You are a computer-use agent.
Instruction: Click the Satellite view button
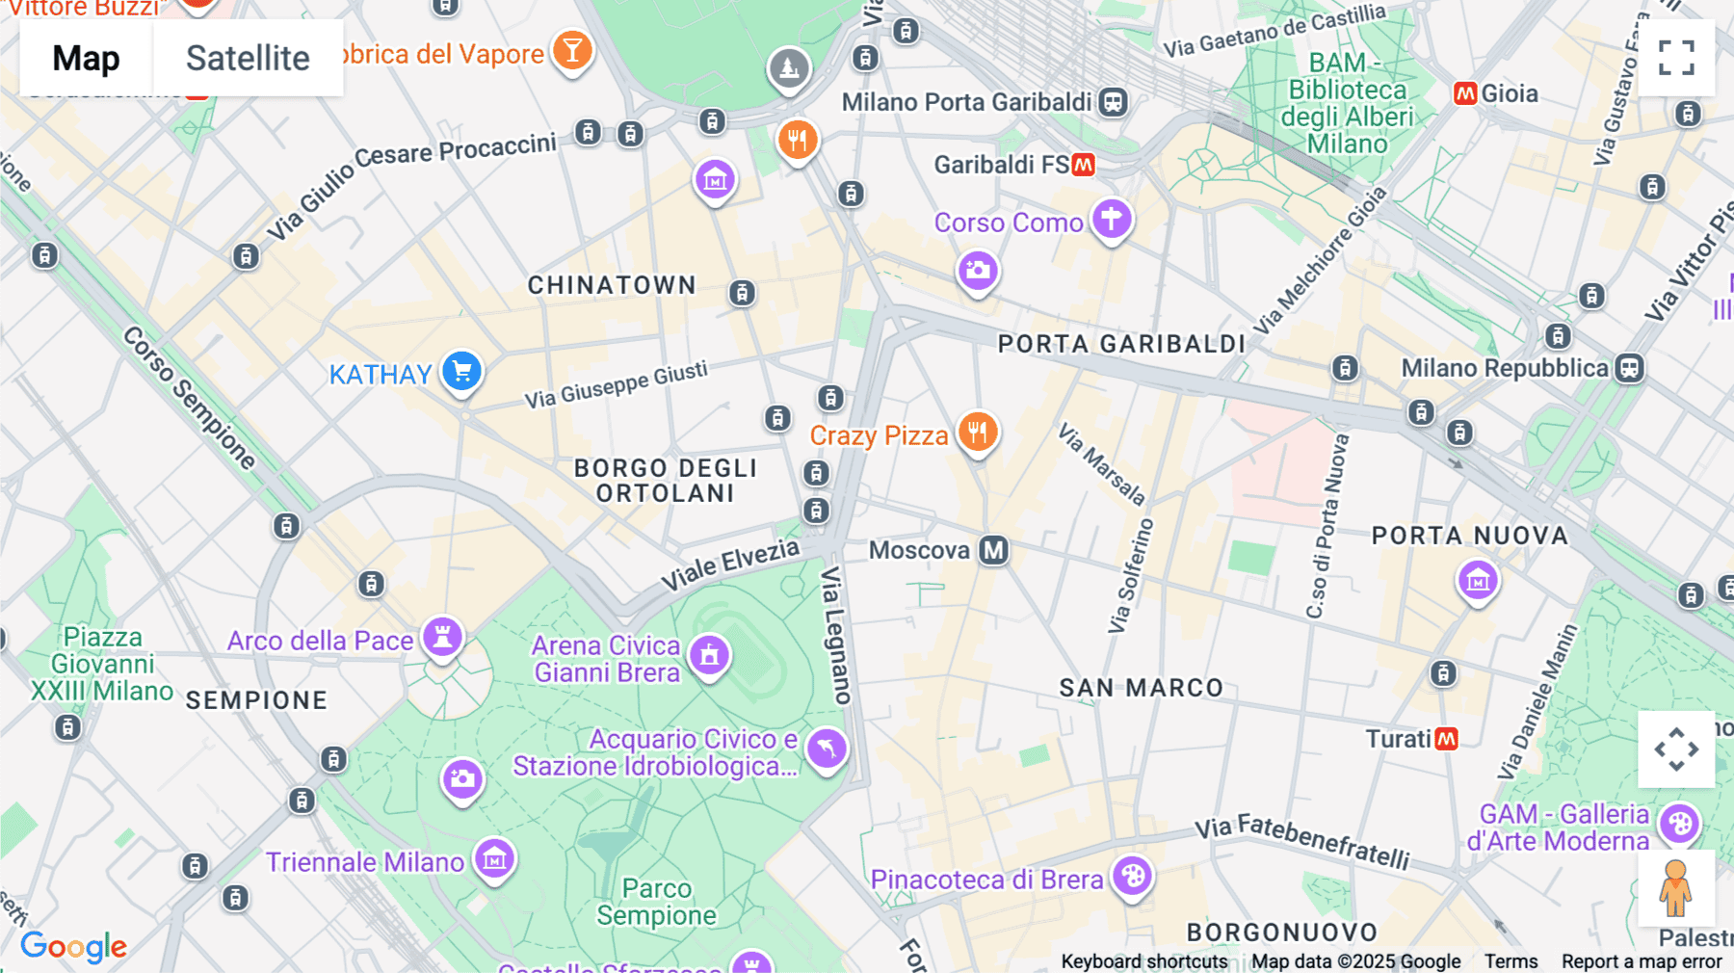(x=248, y=58)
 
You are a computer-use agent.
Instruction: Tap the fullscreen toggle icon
(x=1676, y=58)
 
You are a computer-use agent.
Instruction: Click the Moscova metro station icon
(x=993, y=550)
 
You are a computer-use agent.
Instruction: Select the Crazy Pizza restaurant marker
(x=977, y=432)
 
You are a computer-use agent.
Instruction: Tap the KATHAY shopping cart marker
(x=461, y=371)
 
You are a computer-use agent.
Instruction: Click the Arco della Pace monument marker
(x=443, y=637)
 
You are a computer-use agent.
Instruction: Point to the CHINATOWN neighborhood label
(x=612, y=285)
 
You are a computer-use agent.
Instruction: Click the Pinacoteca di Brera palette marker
(x=1132, y=876)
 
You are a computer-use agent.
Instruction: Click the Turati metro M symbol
(x=1446, y=739)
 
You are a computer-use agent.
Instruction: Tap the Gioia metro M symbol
(x=1465, y=93)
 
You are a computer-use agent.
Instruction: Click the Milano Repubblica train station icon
(x=1629, y=368)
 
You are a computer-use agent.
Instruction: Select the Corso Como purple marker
(x=1111, y=219)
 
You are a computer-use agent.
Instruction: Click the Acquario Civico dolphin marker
(x=827, y=749)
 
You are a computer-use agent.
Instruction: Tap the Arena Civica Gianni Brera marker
(x=709, y=656)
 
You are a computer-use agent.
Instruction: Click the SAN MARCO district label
(x=1141, y=688)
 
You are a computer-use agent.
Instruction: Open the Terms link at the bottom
(x=1511, y=961)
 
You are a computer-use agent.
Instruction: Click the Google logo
(x=73, y=946)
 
